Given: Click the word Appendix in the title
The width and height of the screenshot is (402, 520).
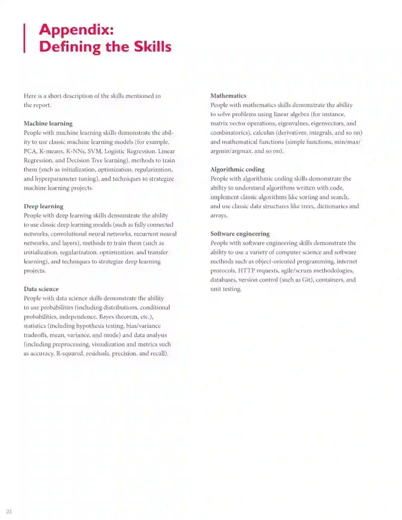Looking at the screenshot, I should pyautogui.click(x=76, y=30).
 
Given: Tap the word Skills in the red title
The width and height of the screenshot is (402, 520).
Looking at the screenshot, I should pyautogui.click(x=153, y=47).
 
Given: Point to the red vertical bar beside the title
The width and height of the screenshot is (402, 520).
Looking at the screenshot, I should pyautogui.click(x=25, y=38).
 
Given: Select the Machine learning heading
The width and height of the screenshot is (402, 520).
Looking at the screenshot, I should pyautogui.click(x=48, y=124).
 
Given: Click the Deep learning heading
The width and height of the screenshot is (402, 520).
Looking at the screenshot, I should pyautogui.click(x=44, y=206).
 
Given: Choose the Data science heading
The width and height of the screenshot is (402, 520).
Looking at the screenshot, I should pyautogui.click(x=41, y=289).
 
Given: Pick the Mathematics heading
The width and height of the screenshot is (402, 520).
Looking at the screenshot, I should pyautogui.click(x=228, y=96).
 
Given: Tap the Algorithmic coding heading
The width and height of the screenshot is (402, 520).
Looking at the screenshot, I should pyautogui.click(x=237, y=169).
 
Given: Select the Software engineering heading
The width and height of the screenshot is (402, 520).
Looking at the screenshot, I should pyautogui.click(x=240, y=234).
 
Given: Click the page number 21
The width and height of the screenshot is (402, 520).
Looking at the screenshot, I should pyautogui.click(x=9, y=511).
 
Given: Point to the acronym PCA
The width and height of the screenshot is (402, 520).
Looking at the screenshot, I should pyautogui.click(x=30, y=151).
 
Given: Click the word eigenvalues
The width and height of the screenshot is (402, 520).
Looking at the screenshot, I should pyautogui.click(x=293, y=123).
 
